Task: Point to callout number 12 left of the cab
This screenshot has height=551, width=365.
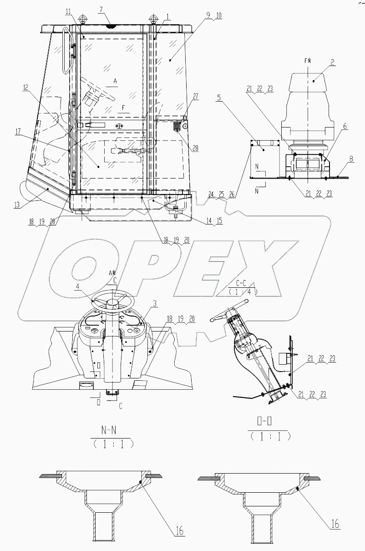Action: pyautogui.click(x=26, y=87)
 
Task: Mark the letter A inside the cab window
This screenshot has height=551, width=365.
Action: pyautogui.click(x=115, y=81)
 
